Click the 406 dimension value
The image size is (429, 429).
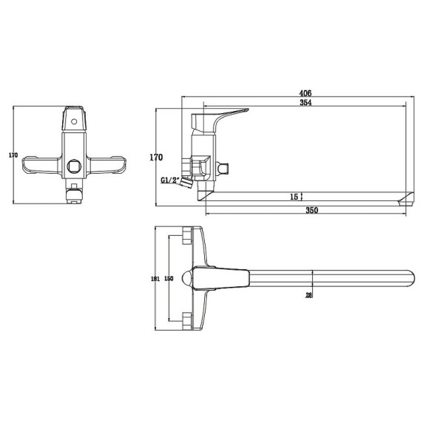coord(305,93)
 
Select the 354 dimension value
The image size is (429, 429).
coord(305,103)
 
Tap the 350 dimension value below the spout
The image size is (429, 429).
coord(311,210)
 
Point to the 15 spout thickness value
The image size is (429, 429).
coord(294,197)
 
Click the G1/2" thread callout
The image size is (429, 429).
coord(169,180)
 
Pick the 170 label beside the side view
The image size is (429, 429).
coord(156,158)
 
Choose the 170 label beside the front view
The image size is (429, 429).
coord(13,155)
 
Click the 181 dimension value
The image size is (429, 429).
coord(155,279)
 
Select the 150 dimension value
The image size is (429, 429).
coord(169,279)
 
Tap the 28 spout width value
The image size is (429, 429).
coord(308,295)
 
